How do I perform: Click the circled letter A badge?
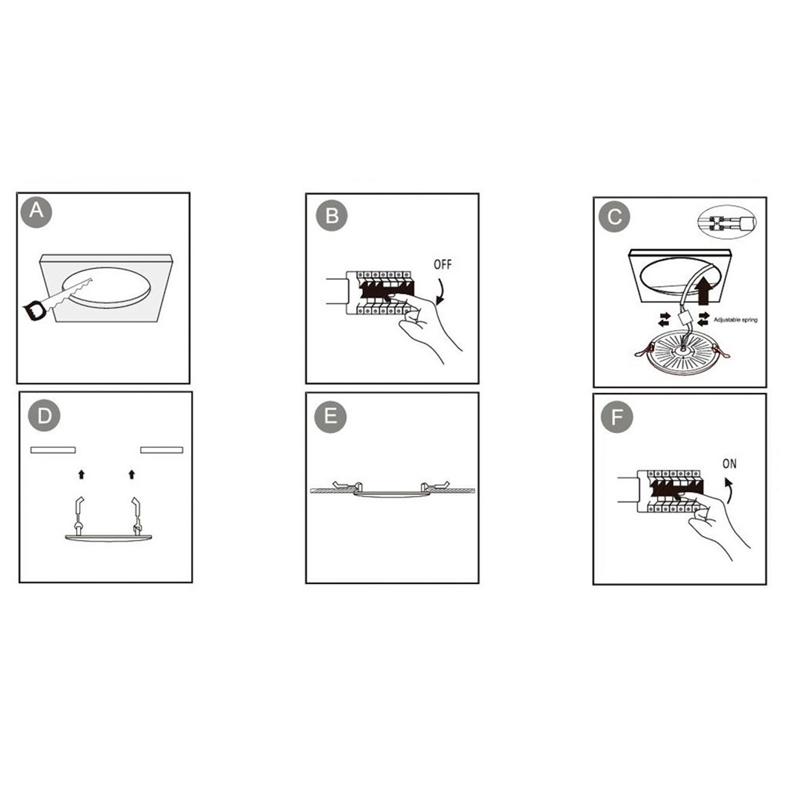(x=36, y=211)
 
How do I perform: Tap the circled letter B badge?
(x=332, y=215)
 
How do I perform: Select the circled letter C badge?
(x=615, y=217)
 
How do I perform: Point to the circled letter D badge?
(x=44, y=416)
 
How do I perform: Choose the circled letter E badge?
(x=330, y=417)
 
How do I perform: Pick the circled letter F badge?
(x=617, y=417)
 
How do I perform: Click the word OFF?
(x=443, y=264)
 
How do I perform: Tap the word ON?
(x=729, y=464)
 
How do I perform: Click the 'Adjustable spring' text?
(x=736, y=320)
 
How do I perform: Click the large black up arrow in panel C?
(x=703, y=292)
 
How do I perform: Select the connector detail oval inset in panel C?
(x=727, y=222)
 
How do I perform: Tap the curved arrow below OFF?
(x=441, y=293)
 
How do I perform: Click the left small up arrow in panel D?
(x=82, y=474)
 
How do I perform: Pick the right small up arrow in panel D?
(x=132, y=474)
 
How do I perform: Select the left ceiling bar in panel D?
(x=53, y=450)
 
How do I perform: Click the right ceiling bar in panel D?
(x=162, y=450)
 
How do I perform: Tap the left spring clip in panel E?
(x=347, y=486)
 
